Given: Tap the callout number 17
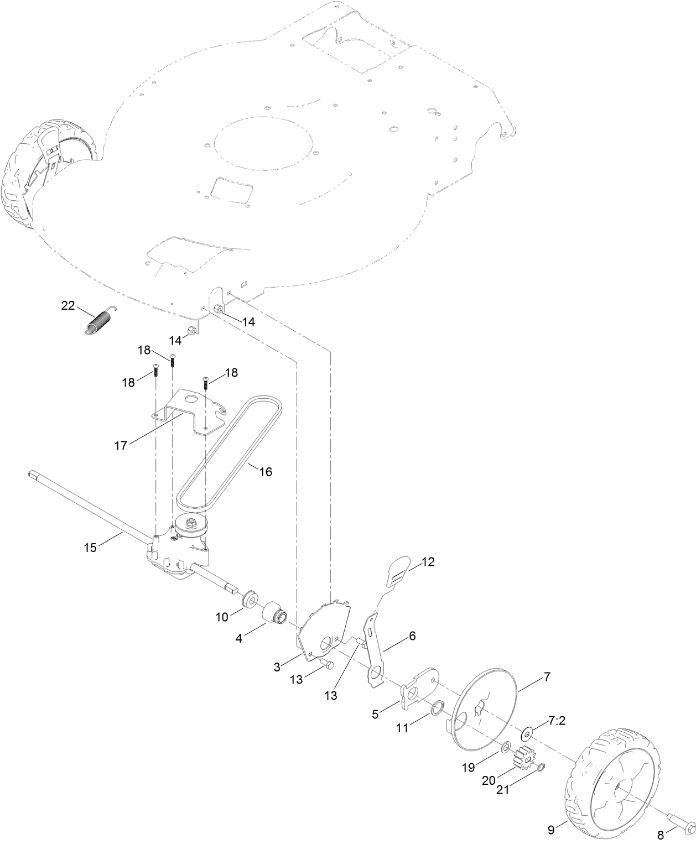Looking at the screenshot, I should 120,444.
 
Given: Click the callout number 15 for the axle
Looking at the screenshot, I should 90,548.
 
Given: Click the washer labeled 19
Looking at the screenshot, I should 506,748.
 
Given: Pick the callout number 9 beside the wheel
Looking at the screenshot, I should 550,829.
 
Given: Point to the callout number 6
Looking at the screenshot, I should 412,636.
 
